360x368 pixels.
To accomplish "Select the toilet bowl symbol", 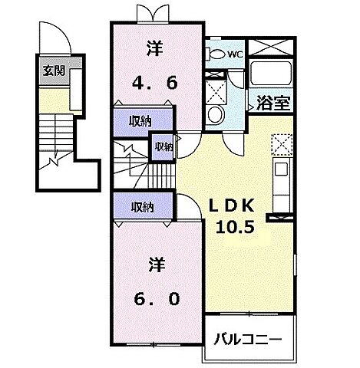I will click(x=217, y=54).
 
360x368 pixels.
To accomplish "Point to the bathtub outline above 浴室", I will click(x=270, y=75).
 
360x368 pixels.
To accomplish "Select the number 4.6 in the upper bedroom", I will click(x=157, y=80).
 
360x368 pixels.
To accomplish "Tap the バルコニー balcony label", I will click(x=247, y=338).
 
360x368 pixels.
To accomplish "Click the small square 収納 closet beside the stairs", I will click(x=162, y=147).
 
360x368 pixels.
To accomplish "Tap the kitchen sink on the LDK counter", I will click(x=281, y=169).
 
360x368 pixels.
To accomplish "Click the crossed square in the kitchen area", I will click(x=280, y=143).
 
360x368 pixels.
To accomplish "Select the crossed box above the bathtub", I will click(x=272, y=45).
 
